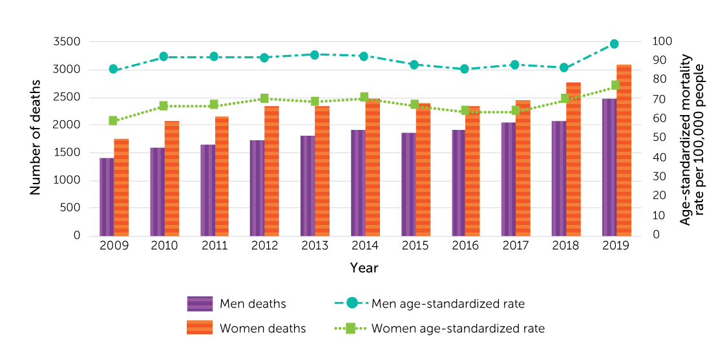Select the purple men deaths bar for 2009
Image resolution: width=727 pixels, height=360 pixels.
(107, 196)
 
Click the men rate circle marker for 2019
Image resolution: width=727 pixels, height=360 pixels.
(614, 44)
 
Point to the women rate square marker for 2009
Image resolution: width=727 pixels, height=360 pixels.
(113, 121)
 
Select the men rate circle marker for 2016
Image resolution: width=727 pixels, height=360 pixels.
(464, 69)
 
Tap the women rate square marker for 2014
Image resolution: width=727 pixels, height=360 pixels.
(364, 98)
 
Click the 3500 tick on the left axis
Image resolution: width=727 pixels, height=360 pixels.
(68, 42)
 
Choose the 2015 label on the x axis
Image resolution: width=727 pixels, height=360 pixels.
(415, 246)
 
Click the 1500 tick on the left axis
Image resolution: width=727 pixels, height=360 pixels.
(68, 153)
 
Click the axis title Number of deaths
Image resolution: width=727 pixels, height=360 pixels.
(36, 138)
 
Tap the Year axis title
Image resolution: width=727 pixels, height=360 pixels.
(364, 268)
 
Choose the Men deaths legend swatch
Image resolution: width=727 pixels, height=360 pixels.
(200, 304)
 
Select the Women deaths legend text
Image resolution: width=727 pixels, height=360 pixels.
(262, 328)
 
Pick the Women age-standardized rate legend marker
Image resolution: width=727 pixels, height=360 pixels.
(351, 328)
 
